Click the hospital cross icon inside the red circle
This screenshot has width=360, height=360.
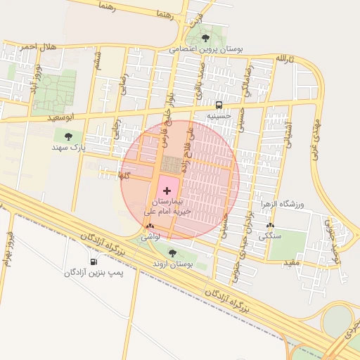[x=167, y=191]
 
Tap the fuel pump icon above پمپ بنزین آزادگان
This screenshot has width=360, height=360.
[x=94, y=262]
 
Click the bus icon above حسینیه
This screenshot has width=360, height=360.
[x=219, y=103]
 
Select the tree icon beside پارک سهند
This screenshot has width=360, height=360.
[x=68, y=136]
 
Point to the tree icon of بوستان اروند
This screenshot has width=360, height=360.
[x=172, y=253]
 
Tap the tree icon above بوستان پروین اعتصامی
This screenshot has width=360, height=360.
[x=205, y=38]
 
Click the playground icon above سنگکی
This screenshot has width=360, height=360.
[x=271, y=226]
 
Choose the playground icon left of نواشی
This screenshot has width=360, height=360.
[x=149, y=226]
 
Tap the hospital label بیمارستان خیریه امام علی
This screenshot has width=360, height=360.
[x=167, y=205]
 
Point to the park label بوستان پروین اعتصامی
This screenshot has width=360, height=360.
[x=205, y=50]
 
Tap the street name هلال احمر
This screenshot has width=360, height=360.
[x=36, y=47]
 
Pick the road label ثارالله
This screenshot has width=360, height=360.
[x=282, y=57]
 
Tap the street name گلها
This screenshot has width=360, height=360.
[x=125, y=174]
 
